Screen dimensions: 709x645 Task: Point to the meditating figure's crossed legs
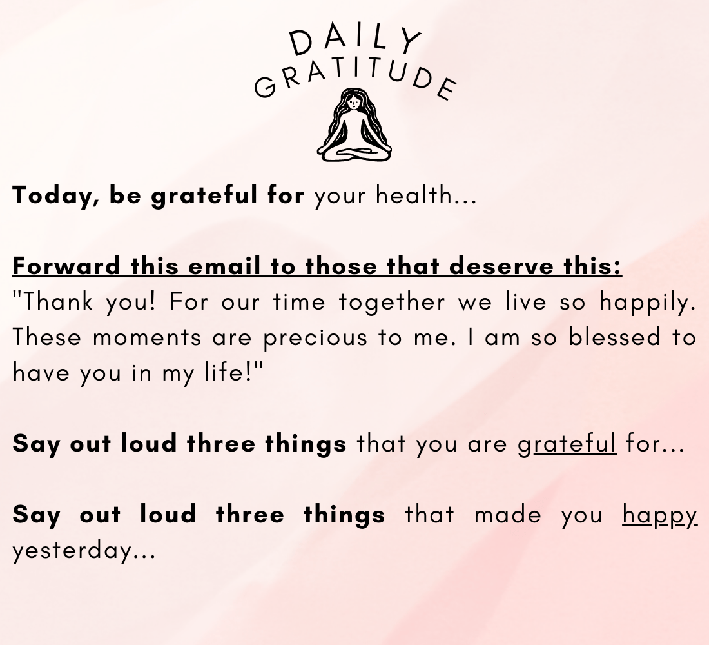(354, 152)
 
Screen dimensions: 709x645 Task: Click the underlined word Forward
(66, 265)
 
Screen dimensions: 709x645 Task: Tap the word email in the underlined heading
(224, 265)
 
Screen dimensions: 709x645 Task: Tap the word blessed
(614, 337)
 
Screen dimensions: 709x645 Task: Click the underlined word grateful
(567, 444)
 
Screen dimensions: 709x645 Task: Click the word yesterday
(72, 551)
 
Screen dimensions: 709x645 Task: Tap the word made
(507, 515)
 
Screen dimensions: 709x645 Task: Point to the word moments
(147, 338)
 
